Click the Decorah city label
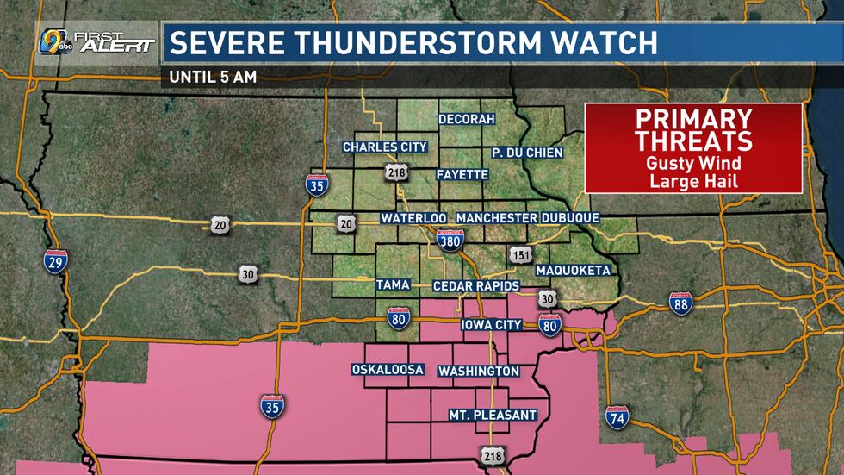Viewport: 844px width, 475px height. (x=466, y=119)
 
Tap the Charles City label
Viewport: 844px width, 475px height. (x=385, y=147)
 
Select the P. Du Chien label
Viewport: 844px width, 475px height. (x=527, y=153)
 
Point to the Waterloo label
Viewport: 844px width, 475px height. (x=413, y=218)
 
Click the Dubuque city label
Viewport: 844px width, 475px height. (x=570, y=218)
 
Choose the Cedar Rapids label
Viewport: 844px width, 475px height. (x=475, y=285)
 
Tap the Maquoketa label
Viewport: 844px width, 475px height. (x=573, y=270)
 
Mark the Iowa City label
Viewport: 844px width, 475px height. (x=493, y=325)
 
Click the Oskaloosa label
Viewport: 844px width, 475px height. (x=388, y=370)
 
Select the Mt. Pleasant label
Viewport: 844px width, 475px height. (x=493, y=415)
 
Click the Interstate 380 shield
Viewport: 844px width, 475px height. (x=445, y=242)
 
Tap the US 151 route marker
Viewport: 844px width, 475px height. (x=519, y=256)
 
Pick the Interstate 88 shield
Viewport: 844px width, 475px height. (x=680, y=303)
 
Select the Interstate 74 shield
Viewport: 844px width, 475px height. (x=617, y=417)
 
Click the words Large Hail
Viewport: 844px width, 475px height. (x=693, y=180)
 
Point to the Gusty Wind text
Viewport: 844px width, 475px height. (x=693, y=163)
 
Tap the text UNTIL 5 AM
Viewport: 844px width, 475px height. (x=213, y=76)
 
